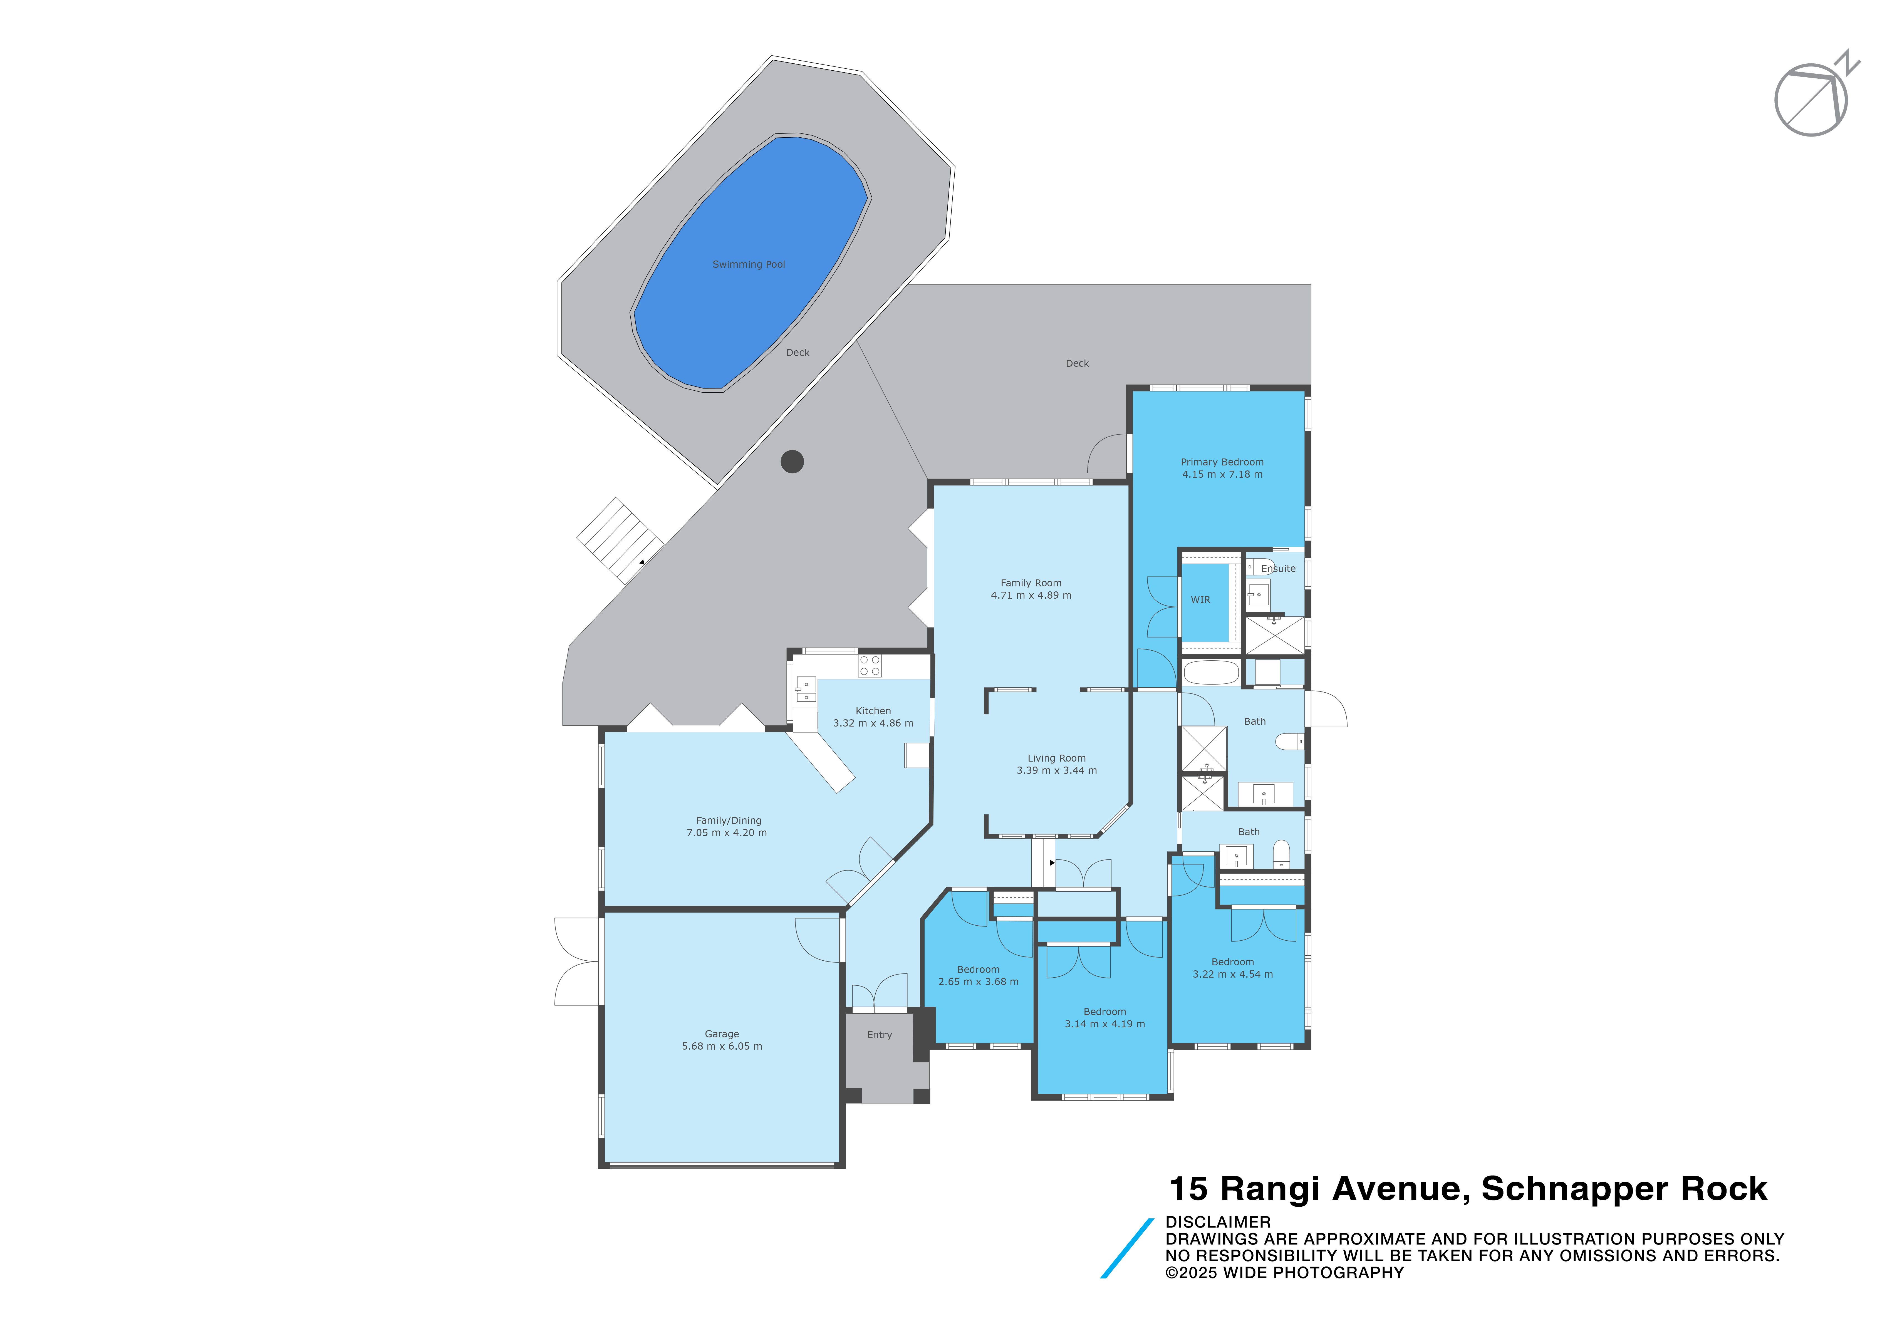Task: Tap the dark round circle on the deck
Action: (792, 461)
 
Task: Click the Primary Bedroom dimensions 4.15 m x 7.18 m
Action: (1222, 475)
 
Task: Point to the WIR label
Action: (1200, 600)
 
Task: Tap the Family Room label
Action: (1031, 583)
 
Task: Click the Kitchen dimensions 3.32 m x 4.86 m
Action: (873, 723)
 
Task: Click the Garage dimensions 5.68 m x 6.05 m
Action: (722, 1046)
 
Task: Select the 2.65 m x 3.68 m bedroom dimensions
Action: (978, 981)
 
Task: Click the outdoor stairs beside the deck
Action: (620, 540)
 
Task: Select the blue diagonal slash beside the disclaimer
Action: (1127, 1248)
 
